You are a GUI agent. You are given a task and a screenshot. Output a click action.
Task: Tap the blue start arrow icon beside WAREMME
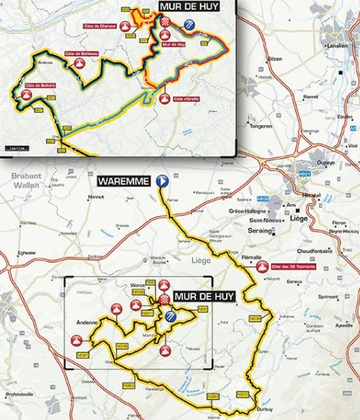163,181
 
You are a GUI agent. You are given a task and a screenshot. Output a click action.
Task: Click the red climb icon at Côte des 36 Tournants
261,266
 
